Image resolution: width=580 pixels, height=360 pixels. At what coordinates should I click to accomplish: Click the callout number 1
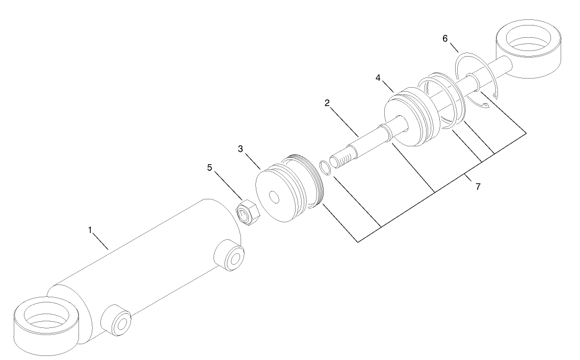pos(90,230)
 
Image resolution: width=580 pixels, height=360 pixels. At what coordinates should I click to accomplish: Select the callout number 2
pos(327,102)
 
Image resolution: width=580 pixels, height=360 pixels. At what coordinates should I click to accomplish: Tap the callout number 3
pos(240,149)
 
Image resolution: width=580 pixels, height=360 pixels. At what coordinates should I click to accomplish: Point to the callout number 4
pos(378,78)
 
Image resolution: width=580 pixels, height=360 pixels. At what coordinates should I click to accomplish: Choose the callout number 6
pos(445,38)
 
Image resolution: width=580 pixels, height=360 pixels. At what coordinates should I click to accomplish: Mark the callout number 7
pos(478,187)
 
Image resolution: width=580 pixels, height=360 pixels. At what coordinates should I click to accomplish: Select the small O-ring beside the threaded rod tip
pos(325,167)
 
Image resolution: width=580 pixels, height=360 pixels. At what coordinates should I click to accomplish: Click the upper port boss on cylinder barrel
pos(229,255)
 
